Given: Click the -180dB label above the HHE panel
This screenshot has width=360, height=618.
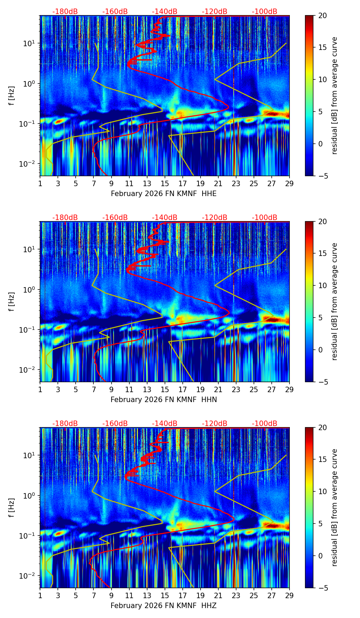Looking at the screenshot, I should click(x=65, y=12).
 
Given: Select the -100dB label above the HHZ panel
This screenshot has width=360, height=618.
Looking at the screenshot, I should click(x=265, y=424).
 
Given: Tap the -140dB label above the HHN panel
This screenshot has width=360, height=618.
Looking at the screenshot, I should click(x=165, y=218).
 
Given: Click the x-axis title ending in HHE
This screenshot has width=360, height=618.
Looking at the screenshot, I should click(x=164, y=194).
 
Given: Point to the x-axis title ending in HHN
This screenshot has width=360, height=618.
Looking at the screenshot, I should click(x=164, y=400).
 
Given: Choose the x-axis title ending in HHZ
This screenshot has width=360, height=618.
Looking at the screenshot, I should click(x=164, y=606).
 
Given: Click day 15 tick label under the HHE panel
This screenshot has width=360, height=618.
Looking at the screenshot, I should click(x=165, y=183).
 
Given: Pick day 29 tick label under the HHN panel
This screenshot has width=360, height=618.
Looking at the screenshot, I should click(x=290, y=389).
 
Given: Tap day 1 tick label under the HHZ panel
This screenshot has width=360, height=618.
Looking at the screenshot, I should click(x=40, y=595).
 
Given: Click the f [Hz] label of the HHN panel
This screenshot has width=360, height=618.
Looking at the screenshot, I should click(x=12, y=301).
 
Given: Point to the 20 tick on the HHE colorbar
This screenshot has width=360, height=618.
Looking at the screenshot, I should click(x=322, y=15).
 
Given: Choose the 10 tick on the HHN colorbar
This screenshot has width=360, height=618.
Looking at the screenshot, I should click(x=322, y=285).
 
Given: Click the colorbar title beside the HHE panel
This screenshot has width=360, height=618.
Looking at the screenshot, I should click(x=335, y=95).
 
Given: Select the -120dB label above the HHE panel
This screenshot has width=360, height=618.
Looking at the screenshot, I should click(x=215, y=12).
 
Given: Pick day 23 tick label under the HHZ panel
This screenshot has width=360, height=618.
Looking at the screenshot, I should click(x=236, y=595).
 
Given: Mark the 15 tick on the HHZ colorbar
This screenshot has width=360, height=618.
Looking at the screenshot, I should click(x=322, y=460).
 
